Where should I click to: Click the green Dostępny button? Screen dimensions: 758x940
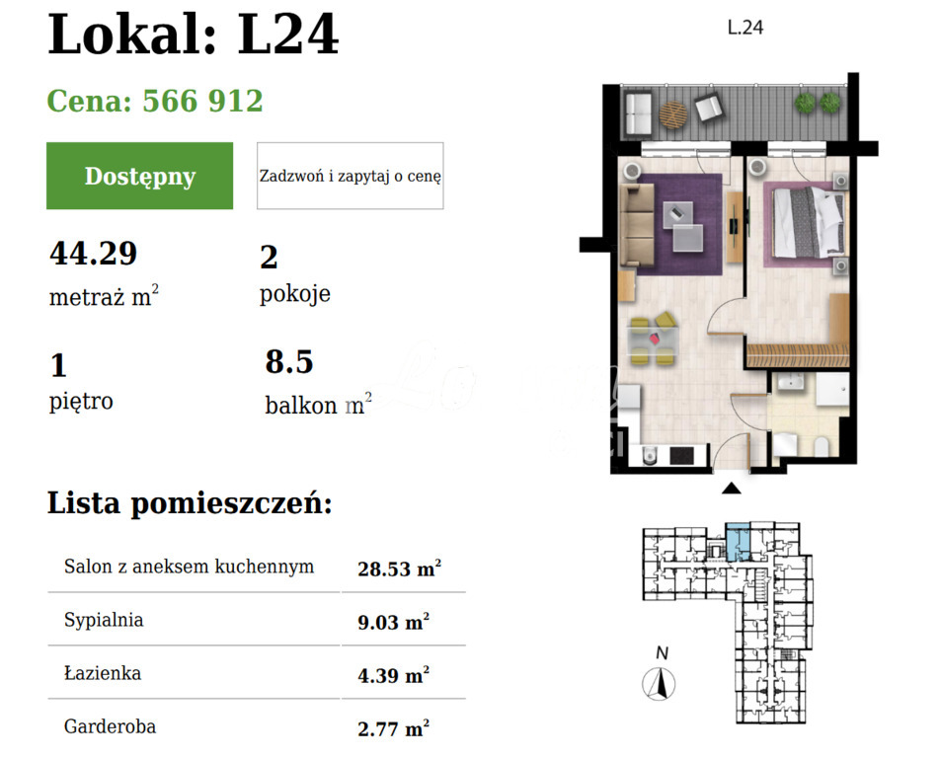(x=139, y=176)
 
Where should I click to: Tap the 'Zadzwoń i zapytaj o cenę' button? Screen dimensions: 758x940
(x=350, y=176)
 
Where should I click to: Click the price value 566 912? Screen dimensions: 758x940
(x=202, y=101)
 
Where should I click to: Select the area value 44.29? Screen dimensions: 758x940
(x=93, y=254)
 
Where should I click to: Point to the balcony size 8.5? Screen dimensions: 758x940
(x=288, y=362)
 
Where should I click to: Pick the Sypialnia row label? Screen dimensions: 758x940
(x=104, y=620)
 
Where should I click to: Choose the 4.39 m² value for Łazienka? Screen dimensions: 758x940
(x=393, y=675)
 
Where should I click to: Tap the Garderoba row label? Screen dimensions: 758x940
(x=110, y=727)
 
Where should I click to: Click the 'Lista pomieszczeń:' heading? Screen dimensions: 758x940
(x=190, y=503)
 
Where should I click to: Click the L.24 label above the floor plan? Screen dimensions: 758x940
(x=744, y=29)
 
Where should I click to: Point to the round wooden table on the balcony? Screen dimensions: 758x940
(x=673, y=114)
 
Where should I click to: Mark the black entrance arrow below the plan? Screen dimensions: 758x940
(x=731, y=488)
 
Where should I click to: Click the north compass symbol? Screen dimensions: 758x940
(x=659, y=682)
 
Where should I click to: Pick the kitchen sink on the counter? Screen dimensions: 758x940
(x=649, y=454)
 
